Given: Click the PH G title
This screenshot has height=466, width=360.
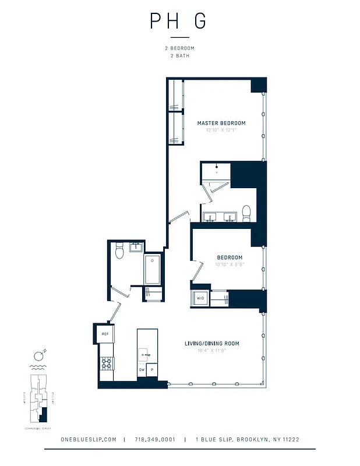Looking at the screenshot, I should click(178, 20).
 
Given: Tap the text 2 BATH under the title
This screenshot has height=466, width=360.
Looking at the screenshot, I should click(179, 56).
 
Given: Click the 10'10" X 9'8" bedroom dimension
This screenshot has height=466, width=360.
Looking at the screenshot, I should click(230, 265).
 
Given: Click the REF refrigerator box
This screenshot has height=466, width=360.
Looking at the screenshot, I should click(105, 334).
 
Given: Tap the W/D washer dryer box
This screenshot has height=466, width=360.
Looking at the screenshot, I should click(200, 298).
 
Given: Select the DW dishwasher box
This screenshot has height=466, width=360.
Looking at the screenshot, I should click(142, 369).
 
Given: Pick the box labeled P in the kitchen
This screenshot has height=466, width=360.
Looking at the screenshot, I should click(152, 369).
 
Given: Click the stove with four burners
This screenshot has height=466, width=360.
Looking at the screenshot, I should click(107, 364).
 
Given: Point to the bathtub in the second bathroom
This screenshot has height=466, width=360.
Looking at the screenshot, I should click(153, 269).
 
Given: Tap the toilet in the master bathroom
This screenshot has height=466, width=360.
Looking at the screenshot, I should click(246, 211).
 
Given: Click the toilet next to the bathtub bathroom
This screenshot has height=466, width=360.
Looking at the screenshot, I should click(119, 251).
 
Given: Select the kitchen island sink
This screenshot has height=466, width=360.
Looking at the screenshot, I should click(145, 352).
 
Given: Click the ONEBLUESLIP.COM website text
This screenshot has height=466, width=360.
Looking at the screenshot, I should click(89, 440).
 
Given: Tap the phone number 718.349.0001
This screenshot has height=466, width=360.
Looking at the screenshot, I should click(154, 440).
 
